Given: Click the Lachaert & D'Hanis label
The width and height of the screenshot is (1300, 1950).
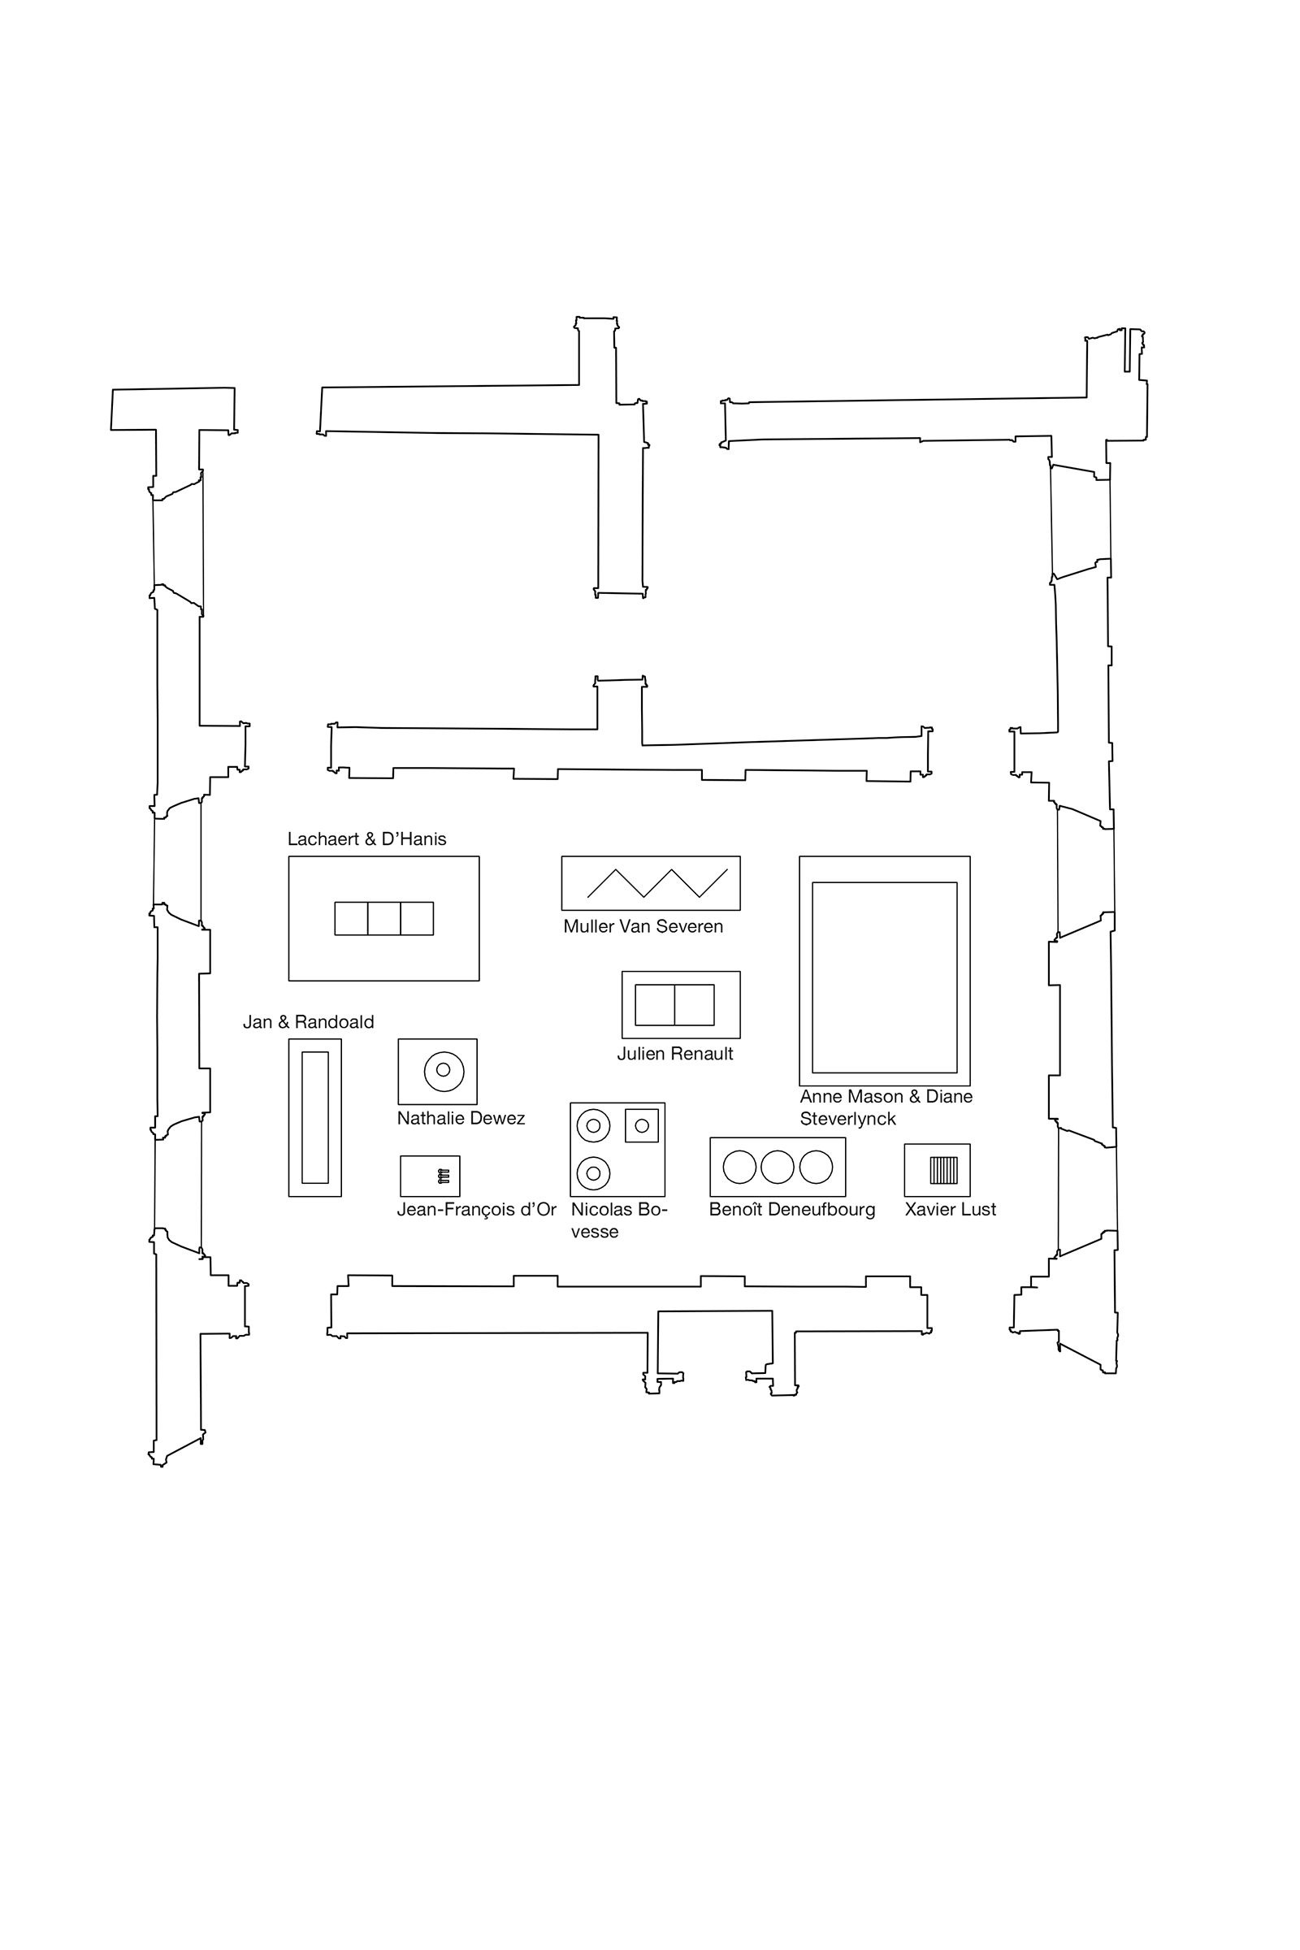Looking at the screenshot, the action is (366, 839).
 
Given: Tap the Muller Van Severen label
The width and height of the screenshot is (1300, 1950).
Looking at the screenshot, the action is (643, 926).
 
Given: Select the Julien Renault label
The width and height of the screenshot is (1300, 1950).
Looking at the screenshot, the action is (675, 1054).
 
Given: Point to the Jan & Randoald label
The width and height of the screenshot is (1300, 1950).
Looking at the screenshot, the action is (309, 1022).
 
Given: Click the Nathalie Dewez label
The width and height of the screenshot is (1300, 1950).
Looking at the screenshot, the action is (461, 1119).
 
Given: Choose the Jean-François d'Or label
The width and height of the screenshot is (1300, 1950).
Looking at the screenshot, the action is (477, 1210).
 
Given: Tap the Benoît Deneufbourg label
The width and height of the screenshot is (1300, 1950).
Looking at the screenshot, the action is (791, 1210).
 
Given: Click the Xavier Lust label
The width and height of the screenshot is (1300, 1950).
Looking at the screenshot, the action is (950, 1210).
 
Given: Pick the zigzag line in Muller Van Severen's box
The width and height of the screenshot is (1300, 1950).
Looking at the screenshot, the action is (656, 883).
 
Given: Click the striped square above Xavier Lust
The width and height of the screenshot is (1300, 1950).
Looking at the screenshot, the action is (943, 1170).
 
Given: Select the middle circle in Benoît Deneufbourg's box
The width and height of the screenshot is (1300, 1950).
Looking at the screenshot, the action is (778, 1167).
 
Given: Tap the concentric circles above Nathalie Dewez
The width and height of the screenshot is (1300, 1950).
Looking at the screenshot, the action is (443, 1070).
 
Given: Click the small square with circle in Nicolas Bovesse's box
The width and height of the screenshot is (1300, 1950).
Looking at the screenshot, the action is (642, 1125).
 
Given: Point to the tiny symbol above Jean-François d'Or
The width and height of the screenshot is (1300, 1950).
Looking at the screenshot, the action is (444, 1176).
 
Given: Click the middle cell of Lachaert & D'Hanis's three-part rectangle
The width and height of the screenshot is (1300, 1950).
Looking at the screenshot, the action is (383, 919).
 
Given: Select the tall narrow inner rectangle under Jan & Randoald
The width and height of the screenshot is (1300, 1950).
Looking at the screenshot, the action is (315, 1118).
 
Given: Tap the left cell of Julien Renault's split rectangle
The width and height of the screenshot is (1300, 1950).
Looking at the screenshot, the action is (655, 1005).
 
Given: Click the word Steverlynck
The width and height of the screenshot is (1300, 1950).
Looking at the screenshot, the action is (848, 1120).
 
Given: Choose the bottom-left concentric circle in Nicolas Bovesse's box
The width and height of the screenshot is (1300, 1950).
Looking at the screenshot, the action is (594, 1173).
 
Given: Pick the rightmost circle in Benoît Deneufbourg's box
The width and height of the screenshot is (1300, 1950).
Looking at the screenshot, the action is (816, 1167).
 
